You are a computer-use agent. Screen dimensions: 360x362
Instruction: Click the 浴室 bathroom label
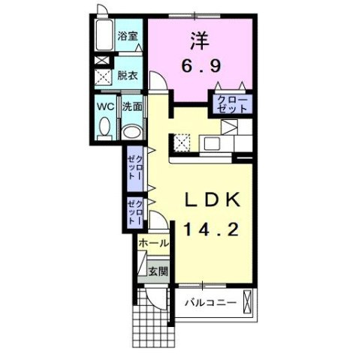127,35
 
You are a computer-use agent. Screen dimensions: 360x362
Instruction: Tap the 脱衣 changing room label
127,75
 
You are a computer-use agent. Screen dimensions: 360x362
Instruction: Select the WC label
105,106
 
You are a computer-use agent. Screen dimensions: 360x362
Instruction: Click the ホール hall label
153,243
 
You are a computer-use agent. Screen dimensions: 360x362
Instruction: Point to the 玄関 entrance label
157,271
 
